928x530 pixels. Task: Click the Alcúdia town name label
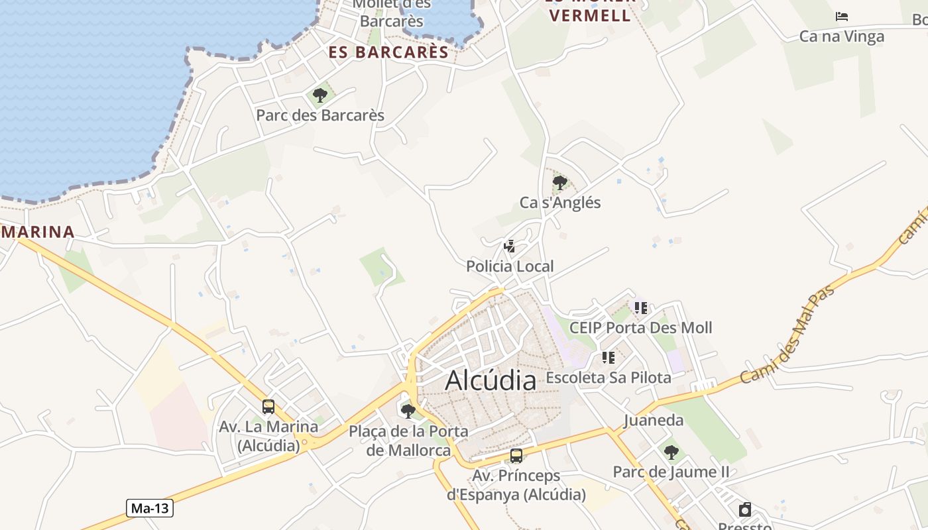(x=491, y=381)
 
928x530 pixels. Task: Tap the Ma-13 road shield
(x=150, y=508)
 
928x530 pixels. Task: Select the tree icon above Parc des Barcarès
(x=320, y=95)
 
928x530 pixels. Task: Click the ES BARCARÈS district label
(x=388, y=52)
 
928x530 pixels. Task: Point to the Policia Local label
(x=510, y=266)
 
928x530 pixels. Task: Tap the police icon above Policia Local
(x=510, y=246)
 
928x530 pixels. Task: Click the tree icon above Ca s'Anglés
(x=560, y=182)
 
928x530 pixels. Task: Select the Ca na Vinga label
(x=841, y=36)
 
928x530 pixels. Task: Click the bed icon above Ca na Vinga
(x=842, y=17)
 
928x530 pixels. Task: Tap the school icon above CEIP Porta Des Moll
(x=641, y=307)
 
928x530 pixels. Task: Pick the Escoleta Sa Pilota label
(x=608, y=378)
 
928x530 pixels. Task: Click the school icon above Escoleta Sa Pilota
(x=609, y=358)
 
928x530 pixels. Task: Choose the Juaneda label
(x=653, y=421)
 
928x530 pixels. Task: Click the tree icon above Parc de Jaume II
(x=671, y=452)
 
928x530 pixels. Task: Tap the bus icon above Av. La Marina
(x=268, y=407)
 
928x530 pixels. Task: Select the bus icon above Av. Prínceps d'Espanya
(x=516, y=456)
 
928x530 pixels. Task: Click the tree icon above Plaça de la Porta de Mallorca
(x=408, y=411)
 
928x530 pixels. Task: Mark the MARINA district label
(x=37, y=232)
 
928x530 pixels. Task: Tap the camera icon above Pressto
(x=745, y=509)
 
